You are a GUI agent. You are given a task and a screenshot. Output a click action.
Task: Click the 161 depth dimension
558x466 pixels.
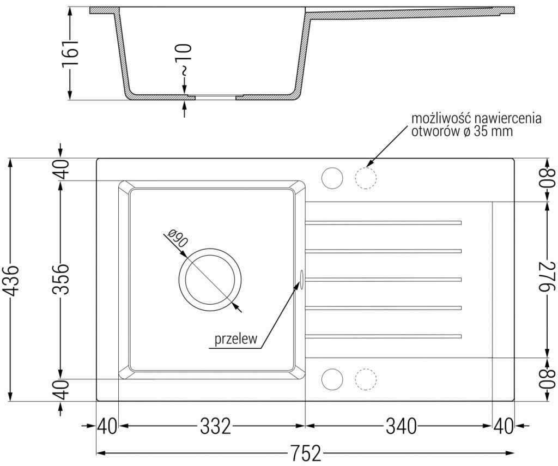[70, 53]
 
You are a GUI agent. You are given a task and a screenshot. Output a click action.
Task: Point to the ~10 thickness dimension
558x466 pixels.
[185, 60]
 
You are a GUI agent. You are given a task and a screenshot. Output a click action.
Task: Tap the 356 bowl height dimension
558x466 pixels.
[62, 279]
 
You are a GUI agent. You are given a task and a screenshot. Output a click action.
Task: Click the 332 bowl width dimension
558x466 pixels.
[211, 426]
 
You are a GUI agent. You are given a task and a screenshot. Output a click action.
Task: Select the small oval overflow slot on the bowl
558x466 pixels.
[300, 277]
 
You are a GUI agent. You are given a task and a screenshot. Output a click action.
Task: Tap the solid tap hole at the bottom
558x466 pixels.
[332, 378]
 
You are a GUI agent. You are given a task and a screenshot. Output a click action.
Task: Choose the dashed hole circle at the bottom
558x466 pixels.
[366, 378]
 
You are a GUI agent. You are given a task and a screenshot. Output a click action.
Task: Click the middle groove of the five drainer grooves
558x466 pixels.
[383, 279]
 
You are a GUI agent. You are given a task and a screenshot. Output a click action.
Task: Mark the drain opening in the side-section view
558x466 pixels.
[215, 98]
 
